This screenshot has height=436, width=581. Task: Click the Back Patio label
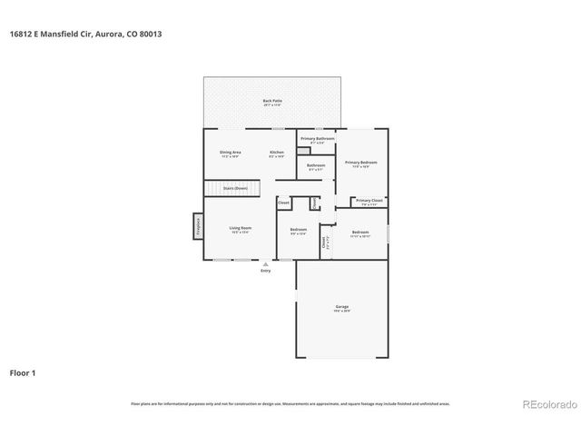(271, 101)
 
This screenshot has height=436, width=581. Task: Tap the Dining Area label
(230, 152)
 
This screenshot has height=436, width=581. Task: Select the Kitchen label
(277, 152)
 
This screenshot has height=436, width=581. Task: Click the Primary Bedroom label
(361, 163)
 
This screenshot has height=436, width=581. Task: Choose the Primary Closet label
(369, 200)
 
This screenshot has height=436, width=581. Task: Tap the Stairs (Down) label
(235, 188)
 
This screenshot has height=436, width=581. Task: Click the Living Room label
(240, 228)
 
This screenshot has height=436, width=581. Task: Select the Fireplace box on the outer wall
(197, 225)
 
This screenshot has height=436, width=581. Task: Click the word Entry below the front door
(265, 271)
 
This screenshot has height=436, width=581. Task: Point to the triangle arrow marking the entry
(265, 263)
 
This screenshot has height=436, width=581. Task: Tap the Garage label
(341, 308)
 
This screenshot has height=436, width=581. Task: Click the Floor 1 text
(23, 372)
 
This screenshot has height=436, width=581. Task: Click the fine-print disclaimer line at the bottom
(290, 403)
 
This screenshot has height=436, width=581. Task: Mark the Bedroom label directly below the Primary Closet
(360, 233)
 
